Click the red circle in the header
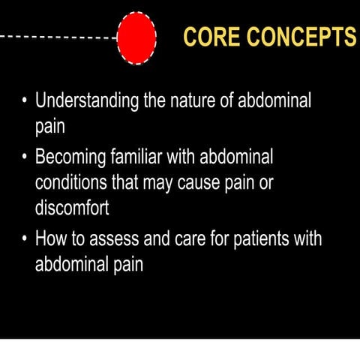pyautogui.click(x=137, y=36)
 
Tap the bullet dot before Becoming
pyautogui.click(x=25, y=158)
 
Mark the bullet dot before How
pyautogui.click(x=25, y=239)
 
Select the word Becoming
pyautogui.click(x=73, y=158)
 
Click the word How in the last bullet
pyautogui.click(x=52, y=239)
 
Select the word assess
pyautogui.click(x=121, y=239)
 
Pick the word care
pyautogui.click(x=198, y=239)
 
